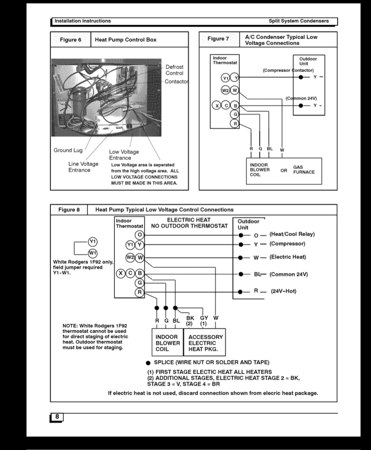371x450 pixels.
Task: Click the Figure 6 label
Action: click(x=71, y=40)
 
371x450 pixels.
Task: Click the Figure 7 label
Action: click(x=218, y=39)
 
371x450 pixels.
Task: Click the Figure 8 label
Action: click(x=69, y=210)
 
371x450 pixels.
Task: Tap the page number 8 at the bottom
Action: click(x=57, y=417)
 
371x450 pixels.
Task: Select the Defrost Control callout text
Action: click(x=174, y=70)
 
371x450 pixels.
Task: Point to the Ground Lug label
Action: click(x=68, y=150)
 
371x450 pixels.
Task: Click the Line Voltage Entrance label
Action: click(x=83, y=167)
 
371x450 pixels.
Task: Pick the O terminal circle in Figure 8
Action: click(x=139, y=235)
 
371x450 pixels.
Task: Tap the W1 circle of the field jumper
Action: click(x=92, y=253)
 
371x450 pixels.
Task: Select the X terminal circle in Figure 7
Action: click(x=217, y=105)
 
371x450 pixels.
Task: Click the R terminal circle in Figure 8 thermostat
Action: click(x=139, y=292)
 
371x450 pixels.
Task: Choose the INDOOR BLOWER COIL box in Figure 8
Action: click(x=167, y=343)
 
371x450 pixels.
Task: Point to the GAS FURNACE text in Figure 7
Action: click(x=304, y=170)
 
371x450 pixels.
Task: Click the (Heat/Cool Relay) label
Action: click(x=292, y=234)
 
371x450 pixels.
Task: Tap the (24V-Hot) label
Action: click(x=284, y=291)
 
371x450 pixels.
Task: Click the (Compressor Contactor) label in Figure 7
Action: click(x=288, y=70)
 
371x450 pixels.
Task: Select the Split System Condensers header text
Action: click(x=299, y=21)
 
